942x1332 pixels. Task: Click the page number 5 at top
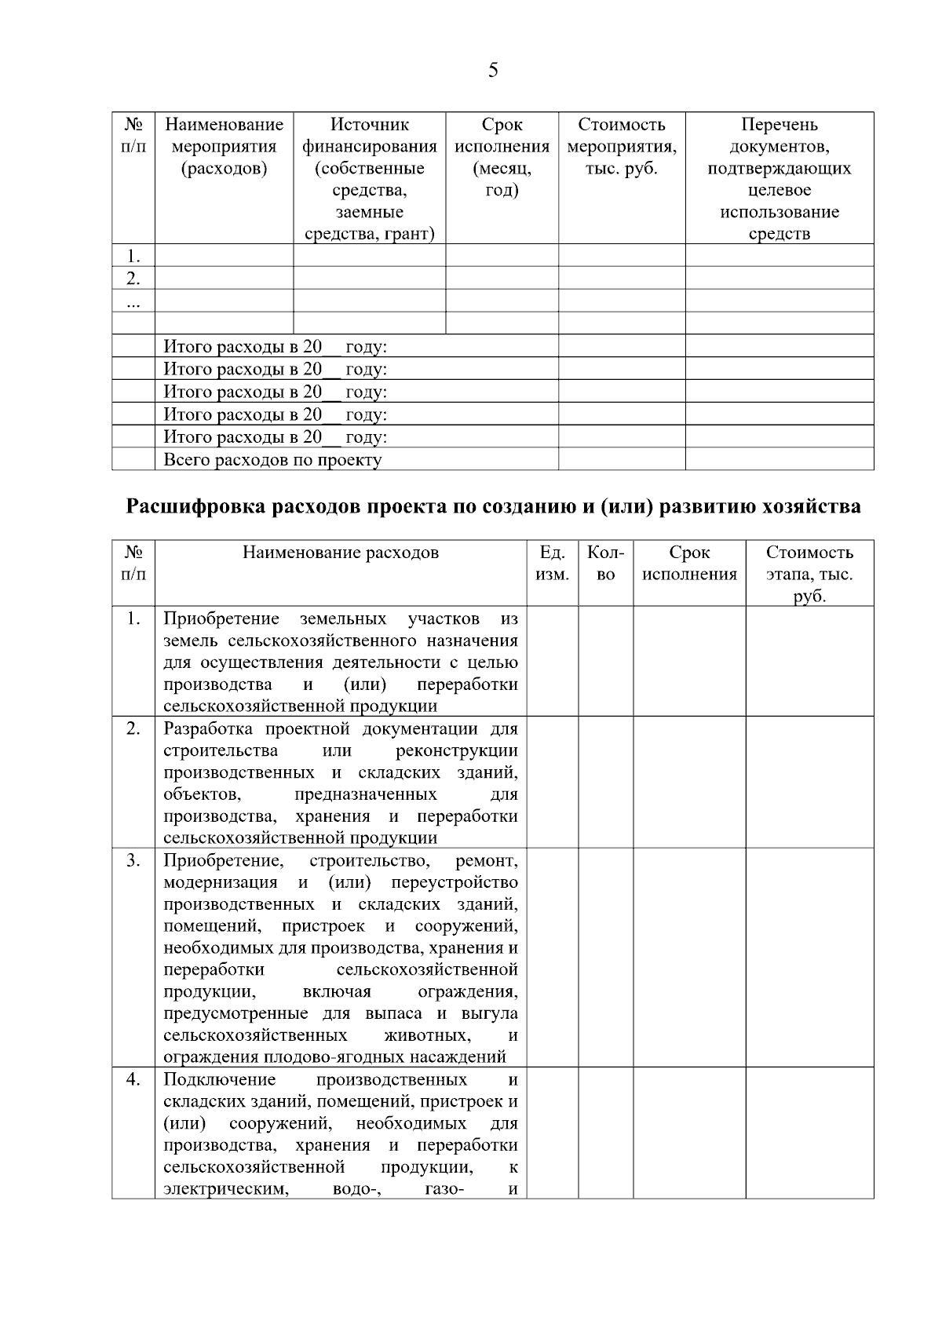[493, 71]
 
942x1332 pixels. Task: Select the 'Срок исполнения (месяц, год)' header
[502, 157]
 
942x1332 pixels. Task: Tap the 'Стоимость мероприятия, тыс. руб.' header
[621, 146]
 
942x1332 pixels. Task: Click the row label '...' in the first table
[133, 301]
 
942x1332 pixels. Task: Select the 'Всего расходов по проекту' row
[272, 460]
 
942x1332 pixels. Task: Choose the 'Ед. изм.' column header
[552, 563]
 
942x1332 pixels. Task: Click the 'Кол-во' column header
[605, 563]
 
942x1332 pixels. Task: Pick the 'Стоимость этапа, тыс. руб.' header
[809, 574]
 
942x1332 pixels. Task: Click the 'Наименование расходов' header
[341, 553]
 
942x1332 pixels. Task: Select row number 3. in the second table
[133, 861]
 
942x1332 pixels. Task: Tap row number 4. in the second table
[133, 1080]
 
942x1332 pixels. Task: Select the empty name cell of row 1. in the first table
[224, 256]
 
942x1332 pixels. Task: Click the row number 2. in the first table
[133, 279]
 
